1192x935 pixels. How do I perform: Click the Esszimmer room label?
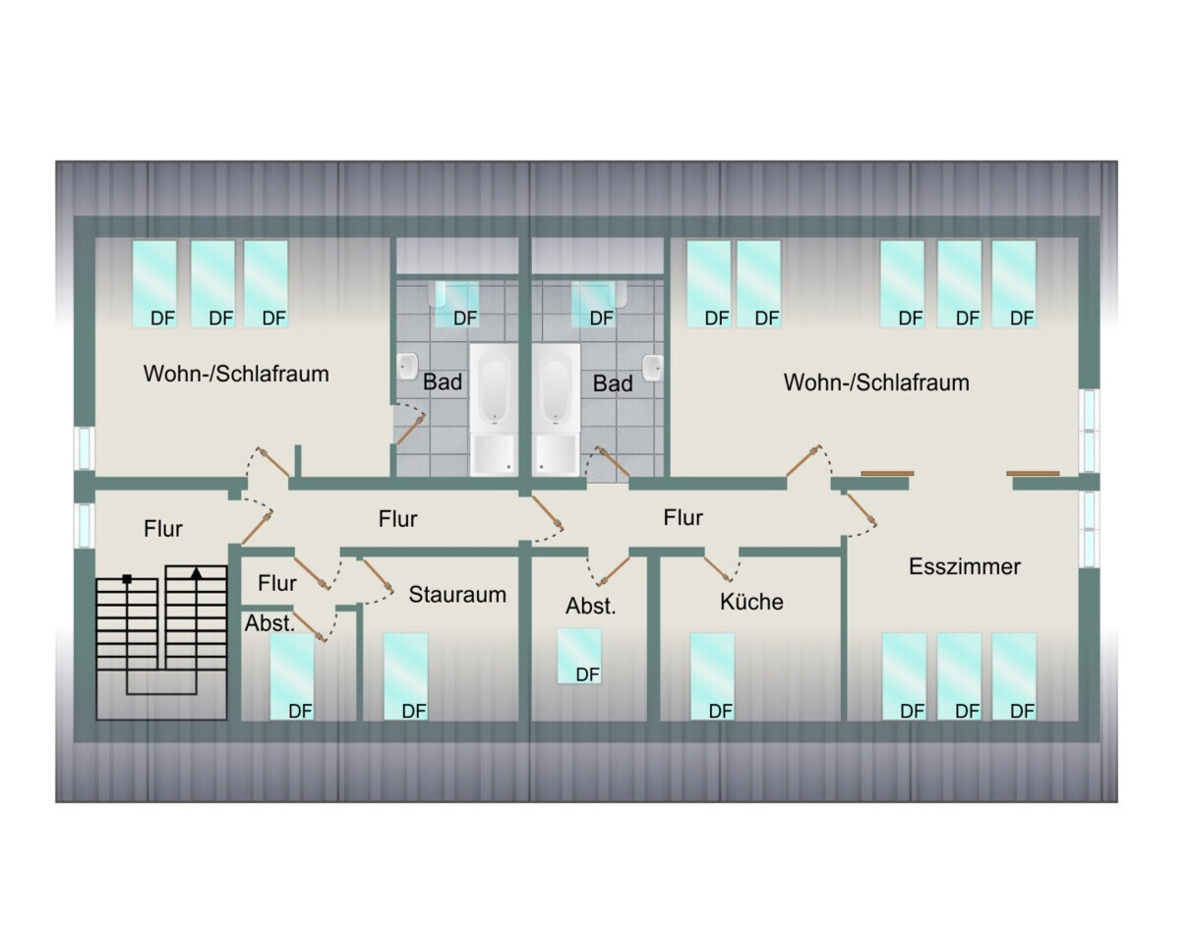coord(965,566)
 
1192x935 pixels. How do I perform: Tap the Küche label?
coord(751,602)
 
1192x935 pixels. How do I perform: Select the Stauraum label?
coord(457,595)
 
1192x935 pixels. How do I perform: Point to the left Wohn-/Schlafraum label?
coord(236,374)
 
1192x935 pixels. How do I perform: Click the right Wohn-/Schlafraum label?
coord(876,382)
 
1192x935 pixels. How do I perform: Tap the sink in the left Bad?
coord(407,367)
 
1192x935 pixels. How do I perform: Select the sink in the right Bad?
coord(653,368)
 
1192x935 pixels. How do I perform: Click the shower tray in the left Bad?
coord(494,454)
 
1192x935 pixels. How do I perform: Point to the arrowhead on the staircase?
coord(196,573)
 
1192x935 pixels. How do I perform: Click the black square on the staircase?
coord(127,579)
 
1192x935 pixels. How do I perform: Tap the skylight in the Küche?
coord(712,676)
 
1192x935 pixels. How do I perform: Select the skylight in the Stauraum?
coord(405,676)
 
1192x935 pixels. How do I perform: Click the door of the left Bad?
coord(410,430)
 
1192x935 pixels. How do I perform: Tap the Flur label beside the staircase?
coord(163,529)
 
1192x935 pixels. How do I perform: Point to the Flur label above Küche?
coord(683,518)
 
